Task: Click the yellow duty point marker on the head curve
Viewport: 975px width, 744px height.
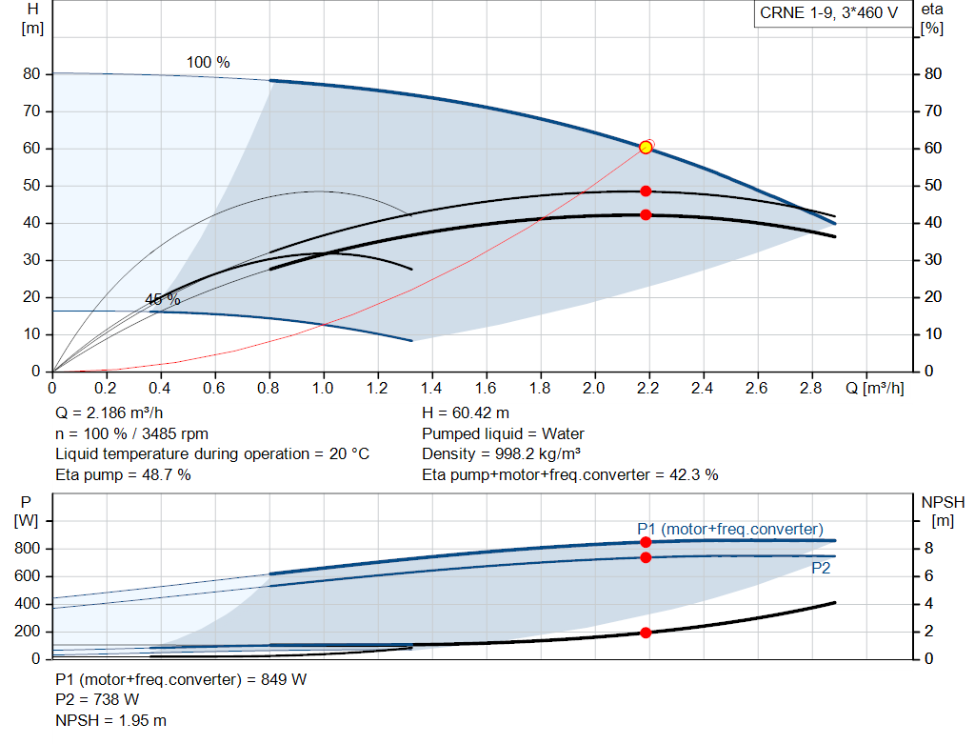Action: click(646, 147)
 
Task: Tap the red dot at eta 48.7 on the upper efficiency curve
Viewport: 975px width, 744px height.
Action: click(646, 191)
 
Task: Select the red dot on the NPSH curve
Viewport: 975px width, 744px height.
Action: click(646, 633)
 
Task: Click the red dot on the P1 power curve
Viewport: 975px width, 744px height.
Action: click(646, 542)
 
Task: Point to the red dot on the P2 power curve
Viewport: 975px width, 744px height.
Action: click(646, 557)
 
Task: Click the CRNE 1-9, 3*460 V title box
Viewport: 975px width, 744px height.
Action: click(828, 13)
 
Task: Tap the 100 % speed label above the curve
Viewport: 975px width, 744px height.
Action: click(208, 63)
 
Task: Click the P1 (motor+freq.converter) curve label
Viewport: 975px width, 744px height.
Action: click(730, 529)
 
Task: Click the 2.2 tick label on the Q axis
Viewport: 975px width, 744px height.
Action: click(649, 389)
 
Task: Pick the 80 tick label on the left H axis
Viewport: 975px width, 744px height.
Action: click(31, 74)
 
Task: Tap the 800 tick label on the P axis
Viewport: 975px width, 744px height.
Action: click(28, 549)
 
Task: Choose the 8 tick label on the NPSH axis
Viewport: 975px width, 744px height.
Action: click(929, 549)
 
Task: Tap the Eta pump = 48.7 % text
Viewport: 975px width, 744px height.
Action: click(123, 474)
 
